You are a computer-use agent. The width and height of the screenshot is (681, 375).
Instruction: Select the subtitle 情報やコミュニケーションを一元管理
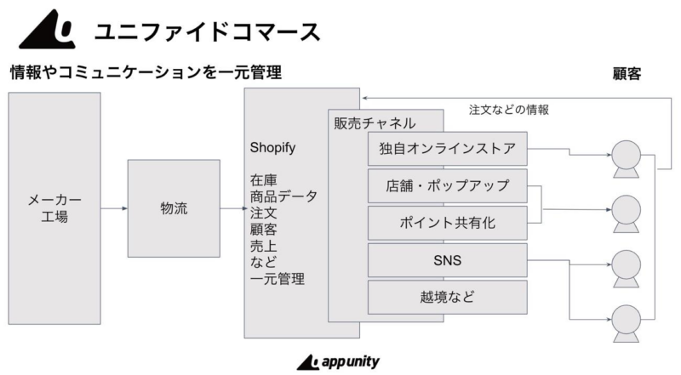[x=145, y=73]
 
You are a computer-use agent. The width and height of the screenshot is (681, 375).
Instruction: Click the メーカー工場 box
[x=54, y=208]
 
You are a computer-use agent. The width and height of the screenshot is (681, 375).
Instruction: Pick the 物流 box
[x=174, y=208]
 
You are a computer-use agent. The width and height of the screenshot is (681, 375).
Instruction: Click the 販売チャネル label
[x=375, y=122]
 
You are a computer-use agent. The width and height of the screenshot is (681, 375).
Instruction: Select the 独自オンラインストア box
[x=447, y=149]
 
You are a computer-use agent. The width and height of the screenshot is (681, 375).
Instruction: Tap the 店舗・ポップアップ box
[x=447, y=185]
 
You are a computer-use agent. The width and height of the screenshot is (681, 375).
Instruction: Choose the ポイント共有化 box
[x=447, y=223]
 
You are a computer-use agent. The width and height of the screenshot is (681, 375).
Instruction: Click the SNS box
[x=447, y=260]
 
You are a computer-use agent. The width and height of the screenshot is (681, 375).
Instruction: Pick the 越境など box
[x=447, y=297]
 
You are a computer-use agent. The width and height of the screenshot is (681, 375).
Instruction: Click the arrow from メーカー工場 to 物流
[x=114, y=208]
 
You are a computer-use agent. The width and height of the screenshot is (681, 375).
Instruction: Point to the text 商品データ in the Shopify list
[x=283, y=196]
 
